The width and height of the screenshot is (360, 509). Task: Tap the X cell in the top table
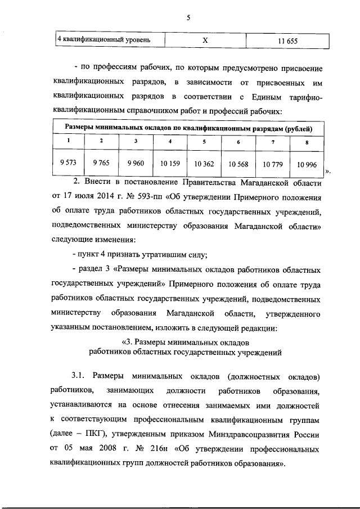click(x=205, y=40)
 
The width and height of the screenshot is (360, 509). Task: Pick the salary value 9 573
click(x=68, y=163)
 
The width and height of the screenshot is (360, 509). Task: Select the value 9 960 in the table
click(x=136, y=163)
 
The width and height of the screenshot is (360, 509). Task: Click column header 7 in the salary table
click(x=272, y=141)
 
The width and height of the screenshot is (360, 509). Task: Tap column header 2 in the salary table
click(x=101, y=141)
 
